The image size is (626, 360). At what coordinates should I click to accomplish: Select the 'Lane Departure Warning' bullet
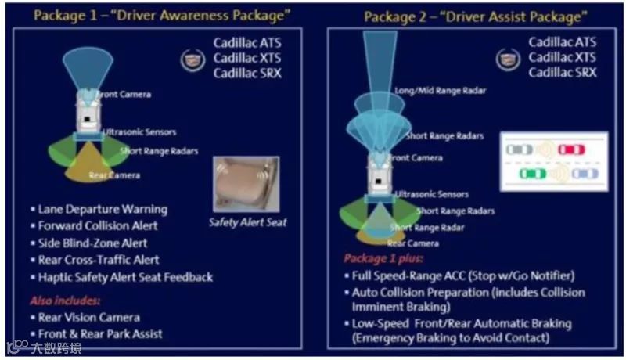[x=103, y=209]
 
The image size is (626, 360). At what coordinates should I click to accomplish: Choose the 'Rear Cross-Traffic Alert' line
[x=99, y=260]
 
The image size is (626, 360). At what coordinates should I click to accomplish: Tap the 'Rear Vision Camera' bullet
[x=89, y=317]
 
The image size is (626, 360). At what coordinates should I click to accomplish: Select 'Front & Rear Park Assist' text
[x=100, y=334]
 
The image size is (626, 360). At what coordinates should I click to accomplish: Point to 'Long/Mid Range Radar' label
[x=440, y=91]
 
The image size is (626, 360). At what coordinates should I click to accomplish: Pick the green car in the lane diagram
[x=531, y=174]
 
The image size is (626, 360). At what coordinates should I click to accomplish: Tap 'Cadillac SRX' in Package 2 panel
[x=563, y=72]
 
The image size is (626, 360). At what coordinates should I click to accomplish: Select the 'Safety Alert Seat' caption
[x=248, y=222]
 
